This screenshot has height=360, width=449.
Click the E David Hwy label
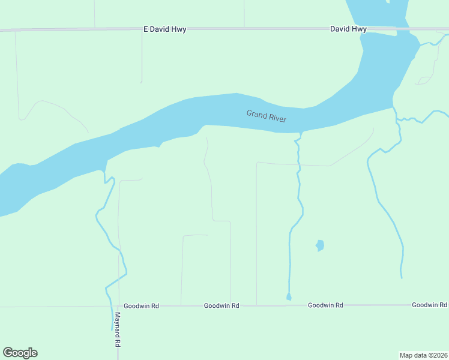[164, 29]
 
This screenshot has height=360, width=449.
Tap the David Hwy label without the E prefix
[348, 29]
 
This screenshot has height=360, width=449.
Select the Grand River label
[266, 116]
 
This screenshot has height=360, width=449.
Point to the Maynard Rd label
[118, 330]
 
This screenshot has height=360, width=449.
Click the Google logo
[20, 353]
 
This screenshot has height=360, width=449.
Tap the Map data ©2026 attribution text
[423, 355]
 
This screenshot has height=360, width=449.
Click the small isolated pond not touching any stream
[320, 245]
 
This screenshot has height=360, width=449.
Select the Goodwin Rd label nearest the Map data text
[429, 305]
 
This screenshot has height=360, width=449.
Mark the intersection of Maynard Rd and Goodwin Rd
[118, 306]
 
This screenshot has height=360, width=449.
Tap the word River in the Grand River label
[277, 119]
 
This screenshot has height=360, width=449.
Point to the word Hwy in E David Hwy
[178, 29]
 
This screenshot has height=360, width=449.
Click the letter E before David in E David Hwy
[145, 29]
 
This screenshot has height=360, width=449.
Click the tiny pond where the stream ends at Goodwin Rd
[289, 297]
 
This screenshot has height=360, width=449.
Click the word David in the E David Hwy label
[159, 29]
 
